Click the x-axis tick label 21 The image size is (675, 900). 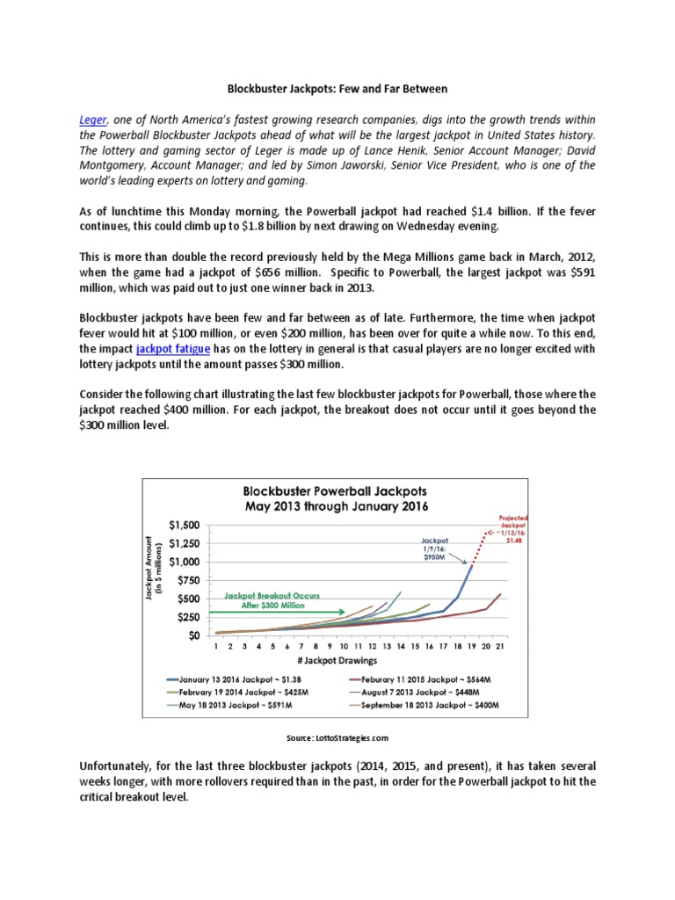tap(500, 647)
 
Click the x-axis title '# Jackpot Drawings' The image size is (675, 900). tap(338, 660)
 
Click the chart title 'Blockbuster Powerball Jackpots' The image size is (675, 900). tap(337, 491)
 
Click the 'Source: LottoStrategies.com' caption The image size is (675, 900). tap(337, 738)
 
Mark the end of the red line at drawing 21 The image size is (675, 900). tap(500, 595)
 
